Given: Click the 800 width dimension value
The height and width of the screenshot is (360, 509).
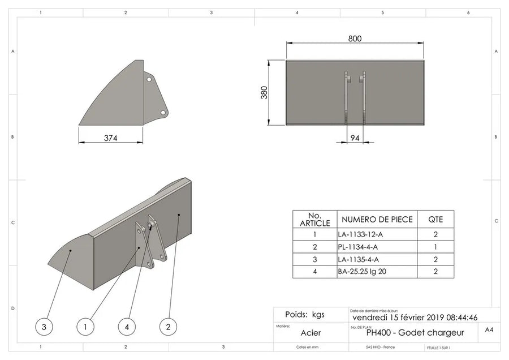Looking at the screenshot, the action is point(355,38).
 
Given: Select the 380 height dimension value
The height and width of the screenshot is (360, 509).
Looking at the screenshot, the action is point(264,93).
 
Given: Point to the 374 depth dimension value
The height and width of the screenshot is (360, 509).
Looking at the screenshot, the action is point(111,138).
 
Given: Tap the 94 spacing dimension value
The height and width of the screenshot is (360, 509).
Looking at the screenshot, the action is point(355,138).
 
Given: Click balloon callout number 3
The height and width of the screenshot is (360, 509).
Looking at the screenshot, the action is point(44,327).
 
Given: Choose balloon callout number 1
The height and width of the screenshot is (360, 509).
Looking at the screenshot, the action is point(85,327).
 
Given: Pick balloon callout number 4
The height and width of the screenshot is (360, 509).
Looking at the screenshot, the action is point(127,327).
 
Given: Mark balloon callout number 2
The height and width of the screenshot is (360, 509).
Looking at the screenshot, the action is point(168,327).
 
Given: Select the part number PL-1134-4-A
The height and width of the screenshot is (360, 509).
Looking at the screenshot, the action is point(358,247).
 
